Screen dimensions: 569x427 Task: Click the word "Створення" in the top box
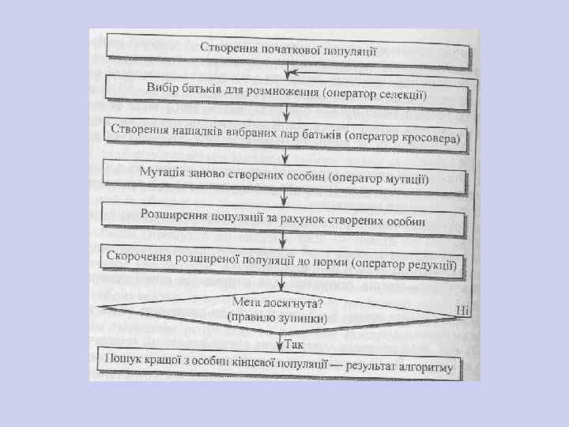[x=228, y=47]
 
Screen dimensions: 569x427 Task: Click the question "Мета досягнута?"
[x=279, y=301]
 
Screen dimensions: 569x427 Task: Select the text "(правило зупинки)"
[x=277, y=316]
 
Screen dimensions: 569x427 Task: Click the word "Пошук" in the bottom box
[x=124, y=358]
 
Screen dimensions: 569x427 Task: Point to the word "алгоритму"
[x=424, y=368]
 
